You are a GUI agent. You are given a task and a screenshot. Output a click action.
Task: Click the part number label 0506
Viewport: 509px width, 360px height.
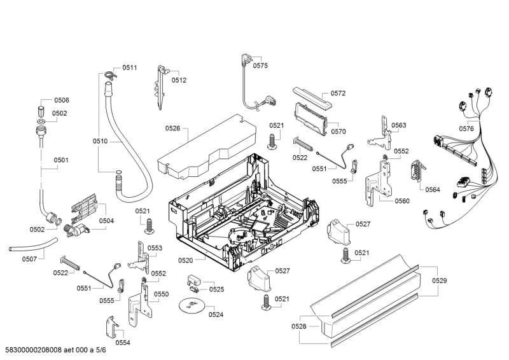pos(61,100)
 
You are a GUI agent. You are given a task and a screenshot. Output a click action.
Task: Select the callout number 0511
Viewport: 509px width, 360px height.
pos(130,67)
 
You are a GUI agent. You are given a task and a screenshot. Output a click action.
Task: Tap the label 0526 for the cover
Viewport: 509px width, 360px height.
pos(172,128)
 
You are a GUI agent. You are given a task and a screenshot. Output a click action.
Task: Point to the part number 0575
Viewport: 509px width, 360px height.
pos(260,66)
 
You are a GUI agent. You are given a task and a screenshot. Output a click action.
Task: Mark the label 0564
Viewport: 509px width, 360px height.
pos(433,190)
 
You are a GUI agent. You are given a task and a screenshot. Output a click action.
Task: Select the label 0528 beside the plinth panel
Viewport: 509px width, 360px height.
pos(299,326)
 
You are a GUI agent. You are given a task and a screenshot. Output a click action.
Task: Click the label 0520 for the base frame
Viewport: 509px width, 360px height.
pos(185,260)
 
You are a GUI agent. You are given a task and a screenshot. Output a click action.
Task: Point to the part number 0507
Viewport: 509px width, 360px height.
pos(29,259)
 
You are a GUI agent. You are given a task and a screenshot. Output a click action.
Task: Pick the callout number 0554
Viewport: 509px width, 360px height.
pos(123,342)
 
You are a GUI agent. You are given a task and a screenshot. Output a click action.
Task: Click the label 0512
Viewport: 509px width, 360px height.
pos(179,80)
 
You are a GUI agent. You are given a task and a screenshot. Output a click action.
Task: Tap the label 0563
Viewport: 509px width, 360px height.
pos(399,125)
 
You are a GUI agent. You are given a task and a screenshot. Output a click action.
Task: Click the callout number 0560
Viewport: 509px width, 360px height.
pos(402,201)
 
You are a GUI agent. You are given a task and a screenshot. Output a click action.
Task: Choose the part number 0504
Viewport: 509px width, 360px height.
pos(106,221)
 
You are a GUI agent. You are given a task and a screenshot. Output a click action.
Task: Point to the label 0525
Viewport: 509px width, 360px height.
pos(217,289)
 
